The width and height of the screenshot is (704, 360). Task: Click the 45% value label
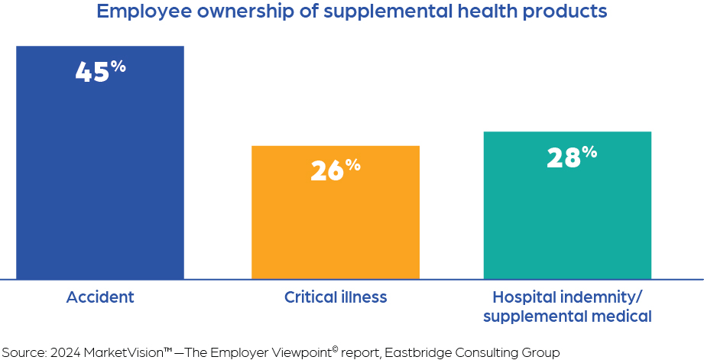pyautogui.click(x=100, y=71)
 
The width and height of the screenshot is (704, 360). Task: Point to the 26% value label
pyautogui.click(x=335, y=170)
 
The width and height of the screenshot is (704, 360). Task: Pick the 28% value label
pyautogui.click(x=571, y=157)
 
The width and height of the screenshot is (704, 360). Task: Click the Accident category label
pyautogui.click(x=100, y=297)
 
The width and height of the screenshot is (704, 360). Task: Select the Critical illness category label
pyautogui.click(x=335, y=297)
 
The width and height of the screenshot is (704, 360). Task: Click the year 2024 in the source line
pyautogui.click(x=65, y=352)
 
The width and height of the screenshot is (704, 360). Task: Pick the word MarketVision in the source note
pyautogui.click(x=120, y=352)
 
